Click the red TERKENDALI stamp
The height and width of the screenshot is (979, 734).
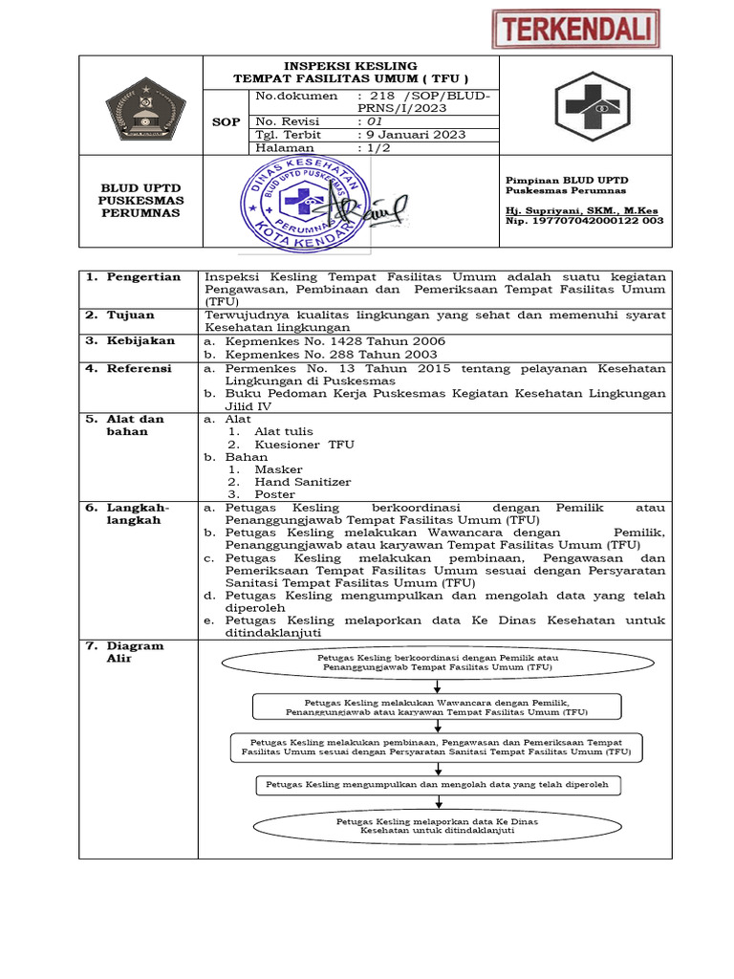(x=575, y=29)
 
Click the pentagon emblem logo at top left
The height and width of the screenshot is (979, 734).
(x=140, y=104)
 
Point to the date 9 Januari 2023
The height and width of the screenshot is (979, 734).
(x=411, y=135)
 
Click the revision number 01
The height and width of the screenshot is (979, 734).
(x=368, y=121)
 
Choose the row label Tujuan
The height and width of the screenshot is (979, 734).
(x=130, y=315)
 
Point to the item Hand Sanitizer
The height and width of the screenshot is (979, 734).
(x=302, y=482)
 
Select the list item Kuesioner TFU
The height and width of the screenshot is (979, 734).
(x=304, y=445)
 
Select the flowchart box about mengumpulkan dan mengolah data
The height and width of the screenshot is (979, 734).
(x=439, y=784)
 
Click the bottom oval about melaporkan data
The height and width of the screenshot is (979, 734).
(x=437, y=826)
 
